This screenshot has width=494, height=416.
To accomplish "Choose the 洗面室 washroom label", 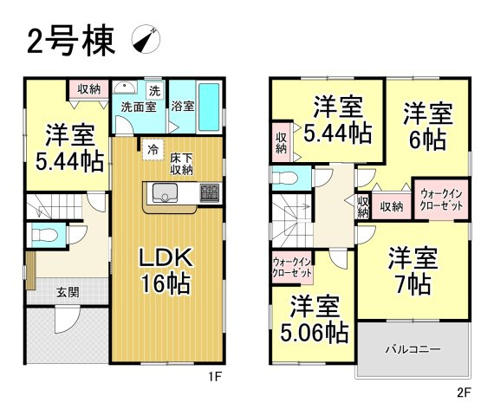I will pos(136,107).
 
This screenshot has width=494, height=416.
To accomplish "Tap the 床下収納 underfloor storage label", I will pos(180,164).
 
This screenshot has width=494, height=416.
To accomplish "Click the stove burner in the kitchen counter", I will pos(209,192).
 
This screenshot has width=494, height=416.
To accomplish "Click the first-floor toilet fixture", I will pos(42,234).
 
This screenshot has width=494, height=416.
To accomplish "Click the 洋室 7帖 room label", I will pos(413,270).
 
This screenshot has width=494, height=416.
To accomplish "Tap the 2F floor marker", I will pos(464,391).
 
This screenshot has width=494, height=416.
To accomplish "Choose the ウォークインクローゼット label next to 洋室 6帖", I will pos(440,202).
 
